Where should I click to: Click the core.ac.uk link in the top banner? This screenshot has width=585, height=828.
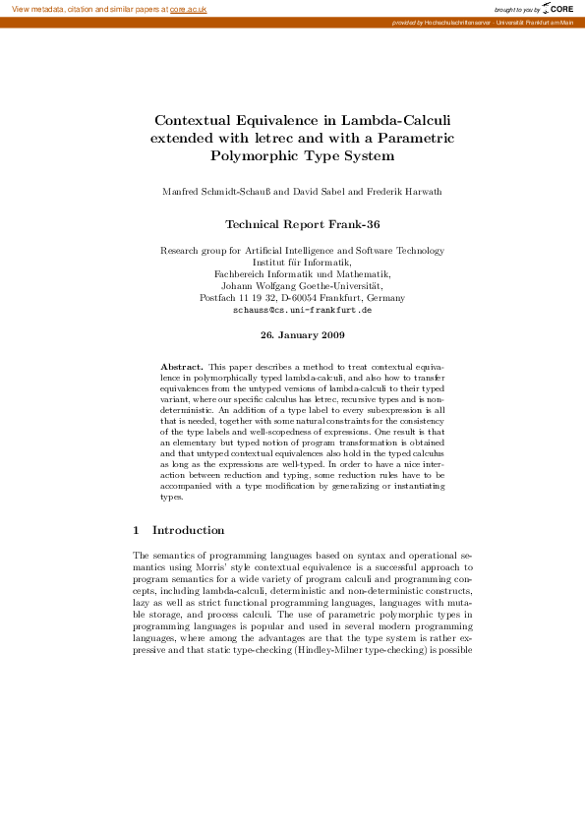(188, 9)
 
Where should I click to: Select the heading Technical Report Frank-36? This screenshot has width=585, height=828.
(302, 223)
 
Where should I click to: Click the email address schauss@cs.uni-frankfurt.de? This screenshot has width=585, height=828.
(302, 309)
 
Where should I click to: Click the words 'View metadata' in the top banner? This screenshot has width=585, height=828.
(34, 9)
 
